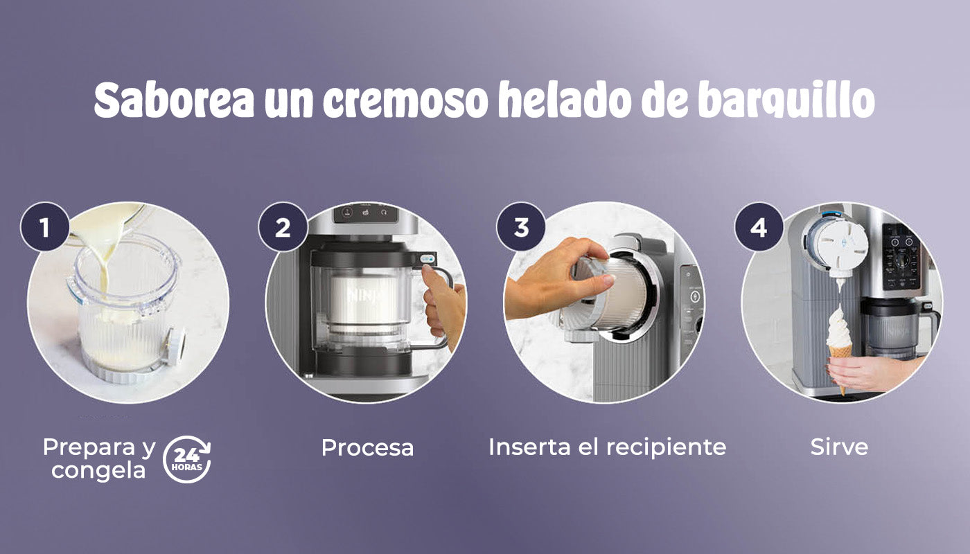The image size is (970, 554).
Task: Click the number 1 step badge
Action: tap(44, 227)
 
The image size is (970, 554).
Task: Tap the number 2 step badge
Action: tap(283, 227)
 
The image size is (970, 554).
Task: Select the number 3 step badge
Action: tap(521, 227)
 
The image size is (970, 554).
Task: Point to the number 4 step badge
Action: tap(759, 227)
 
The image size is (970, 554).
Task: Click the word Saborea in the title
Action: tap(174, 100)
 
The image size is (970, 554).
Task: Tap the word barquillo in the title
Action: tap(786, 101)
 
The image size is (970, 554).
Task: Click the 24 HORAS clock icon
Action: tap(186, 459)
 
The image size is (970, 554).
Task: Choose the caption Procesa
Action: tap(367, 447)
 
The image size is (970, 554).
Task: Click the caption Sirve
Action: tap(839, 447)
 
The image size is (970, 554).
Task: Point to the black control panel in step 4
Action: tap(901, 258)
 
